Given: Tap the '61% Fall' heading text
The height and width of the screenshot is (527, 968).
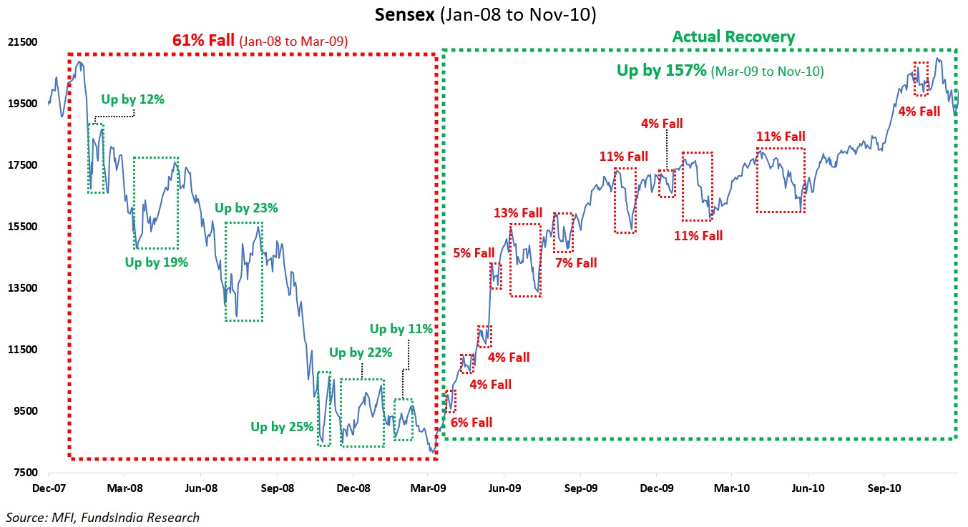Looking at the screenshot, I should pyautogui.click(x=203, y=41).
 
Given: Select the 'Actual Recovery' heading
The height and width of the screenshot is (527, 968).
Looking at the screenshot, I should pyautogui.click(x=733, y=37).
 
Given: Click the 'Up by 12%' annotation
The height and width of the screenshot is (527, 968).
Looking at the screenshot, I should pyautogui.click(x=132, y=99).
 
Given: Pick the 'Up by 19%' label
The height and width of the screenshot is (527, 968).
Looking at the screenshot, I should pyautogui.click(x=157, y=262).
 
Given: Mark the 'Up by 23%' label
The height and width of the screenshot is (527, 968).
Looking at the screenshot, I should pyautogui.click(x=246, y=208).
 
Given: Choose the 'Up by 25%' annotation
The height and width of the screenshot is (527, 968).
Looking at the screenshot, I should pyautogui.click(x=282, y=427).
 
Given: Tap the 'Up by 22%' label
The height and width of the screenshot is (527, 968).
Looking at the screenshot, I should pyautogui.click(x=361, y=353).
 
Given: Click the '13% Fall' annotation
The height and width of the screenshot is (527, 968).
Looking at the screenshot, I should pyautogui.click(x=518, y=213).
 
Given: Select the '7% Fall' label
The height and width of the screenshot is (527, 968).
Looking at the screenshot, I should pyautogui.click(x=575, y=263).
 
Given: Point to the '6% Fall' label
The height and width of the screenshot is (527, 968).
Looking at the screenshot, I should pyautogui.click(x=471, y=423).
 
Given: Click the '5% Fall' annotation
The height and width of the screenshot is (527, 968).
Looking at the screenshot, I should pyautogui.click(x=474, y=252).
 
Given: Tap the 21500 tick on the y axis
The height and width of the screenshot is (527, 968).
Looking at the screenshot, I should pyautogui.click(x=22, y=42).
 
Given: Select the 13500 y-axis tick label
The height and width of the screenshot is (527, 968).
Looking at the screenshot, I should pyautogui.click(x=22, y=288).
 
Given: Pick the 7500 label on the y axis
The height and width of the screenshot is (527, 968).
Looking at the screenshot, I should pyautogui.click(x=25, y=473).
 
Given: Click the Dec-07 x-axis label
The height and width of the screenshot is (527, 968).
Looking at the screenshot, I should pyautogui.click(x=48, y=489).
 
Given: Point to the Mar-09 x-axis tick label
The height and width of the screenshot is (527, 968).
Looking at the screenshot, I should pyautogui.click(x=428, y=489).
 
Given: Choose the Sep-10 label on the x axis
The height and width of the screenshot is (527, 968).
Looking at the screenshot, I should pyautogui.click(x=884, y=489).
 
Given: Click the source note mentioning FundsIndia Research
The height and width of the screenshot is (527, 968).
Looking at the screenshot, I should pyautogui.click(x=103, y=517).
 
